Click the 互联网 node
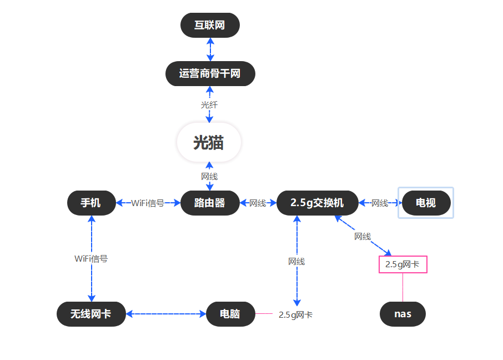point(210,25)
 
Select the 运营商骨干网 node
point(210,73)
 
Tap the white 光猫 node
point(209,143)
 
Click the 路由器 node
point(210,203)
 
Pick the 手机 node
point(91,203)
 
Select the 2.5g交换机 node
point(316,203)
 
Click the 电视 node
point(426,203)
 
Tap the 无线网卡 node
point(91,314)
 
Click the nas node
point(403,314)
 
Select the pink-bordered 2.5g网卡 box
point(403,264)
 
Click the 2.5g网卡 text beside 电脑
point(295,315)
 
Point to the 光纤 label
point(209,104)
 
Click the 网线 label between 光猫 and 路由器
point(209,176)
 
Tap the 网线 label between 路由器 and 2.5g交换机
point(258,203)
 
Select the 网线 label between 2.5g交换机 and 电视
point(380,203)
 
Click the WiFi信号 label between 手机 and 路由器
point(148,203)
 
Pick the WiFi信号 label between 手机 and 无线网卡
point(91,258)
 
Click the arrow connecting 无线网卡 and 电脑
point(165,314)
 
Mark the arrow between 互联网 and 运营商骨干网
point(210,49)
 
